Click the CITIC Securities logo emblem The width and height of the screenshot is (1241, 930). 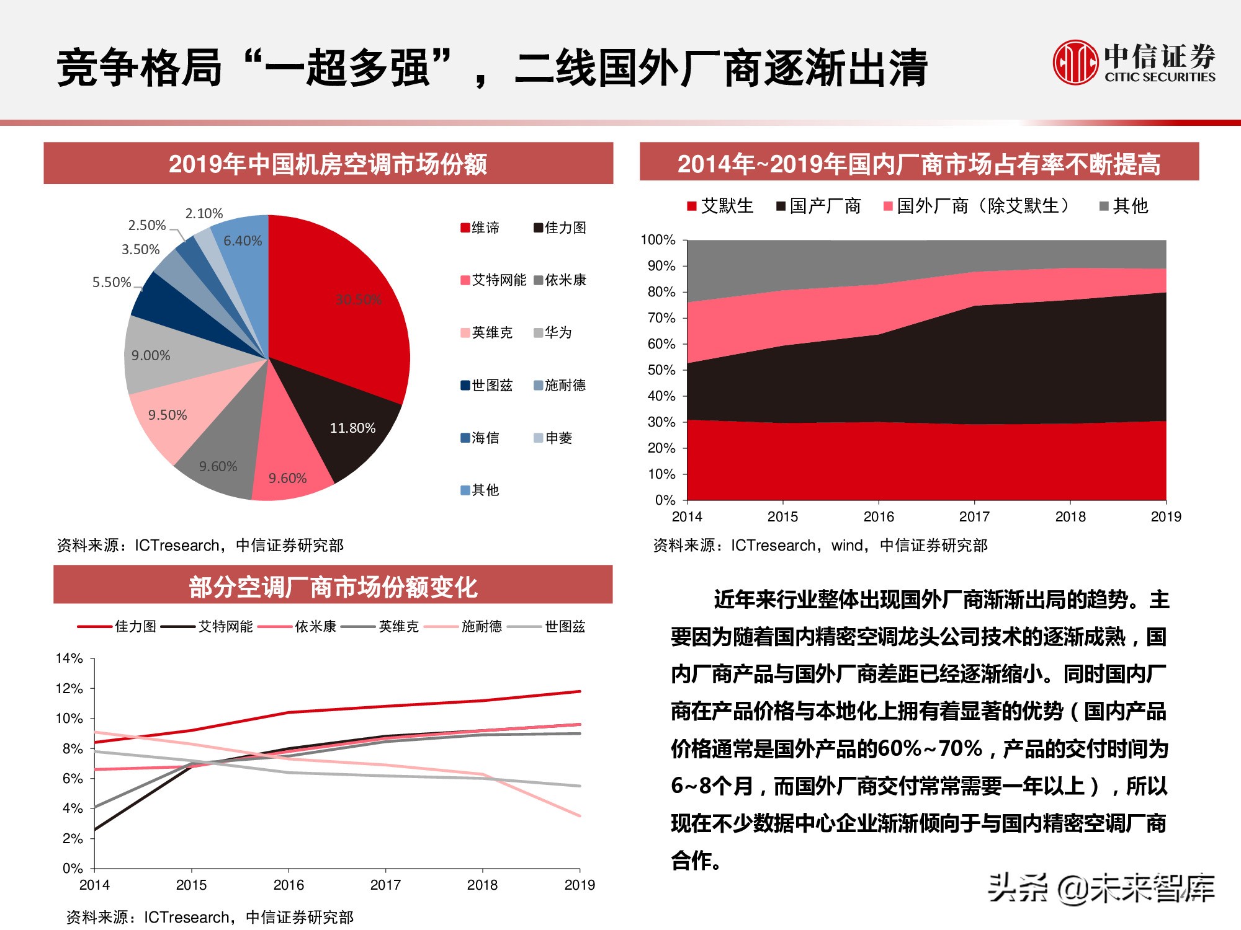coord(1075,63)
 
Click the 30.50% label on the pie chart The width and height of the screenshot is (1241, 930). coord(358,299)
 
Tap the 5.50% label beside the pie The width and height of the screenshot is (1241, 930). coord(112,283)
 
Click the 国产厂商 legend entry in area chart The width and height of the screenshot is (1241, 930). coord(819,206)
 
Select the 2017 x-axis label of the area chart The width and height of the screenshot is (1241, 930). coord(974,517)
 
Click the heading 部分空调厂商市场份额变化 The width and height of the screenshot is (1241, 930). coord(333,587)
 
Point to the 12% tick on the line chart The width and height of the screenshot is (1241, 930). coord(69,689)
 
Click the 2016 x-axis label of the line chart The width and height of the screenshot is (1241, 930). coord(289,885)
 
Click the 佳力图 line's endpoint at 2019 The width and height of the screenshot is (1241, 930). coord(580,691)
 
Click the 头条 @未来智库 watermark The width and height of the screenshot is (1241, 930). coord(1101,888)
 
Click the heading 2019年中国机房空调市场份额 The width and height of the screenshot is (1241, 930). coord(328,164)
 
